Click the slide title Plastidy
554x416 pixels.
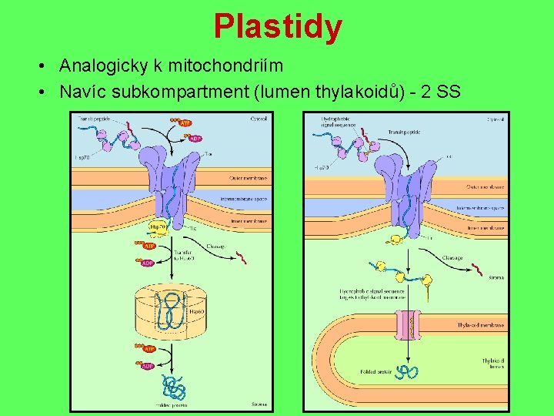click(278, 27)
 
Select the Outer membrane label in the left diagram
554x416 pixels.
click(247, 178)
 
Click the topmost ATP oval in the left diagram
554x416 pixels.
click(185, 122)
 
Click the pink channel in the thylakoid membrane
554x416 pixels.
click(409, 326)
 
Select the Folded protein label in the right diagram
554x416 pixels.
click(375, 372)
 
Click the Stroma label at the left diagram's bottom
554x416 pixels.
click(259, 404)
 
